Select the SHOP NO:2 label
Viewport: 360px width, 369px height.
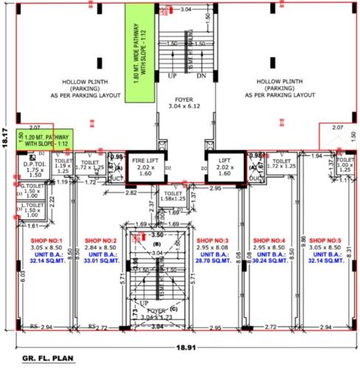(101, 241)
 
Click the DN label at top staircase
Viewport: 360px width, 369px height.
(201, 76)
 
